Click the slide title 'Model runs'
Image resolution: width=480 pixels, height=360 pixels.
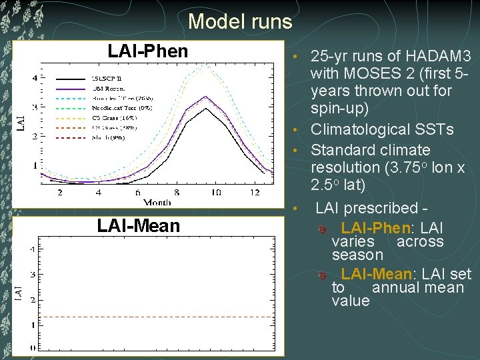(240, 22)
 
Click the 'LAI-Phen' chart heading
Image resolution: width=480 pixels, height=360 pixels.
(148, 51)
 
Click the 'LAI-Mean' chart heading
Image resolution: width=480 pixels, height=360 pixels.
(138, 225)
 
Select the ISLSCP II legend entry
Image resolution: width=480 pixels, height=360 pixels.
(107, 78)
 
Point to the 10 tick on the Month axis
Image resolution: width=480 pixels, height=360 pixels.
(215, 193)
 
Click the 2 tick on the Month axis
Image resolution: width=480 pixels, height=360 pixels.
(60, 193)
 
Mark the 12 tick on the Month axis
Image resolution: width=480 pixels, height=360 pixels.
(253, 193)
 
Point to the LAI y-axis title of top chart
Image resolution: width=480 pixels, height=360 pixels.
(21, 121)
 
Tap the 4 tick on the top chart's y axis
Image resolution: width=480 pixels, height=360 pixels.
(35, 78)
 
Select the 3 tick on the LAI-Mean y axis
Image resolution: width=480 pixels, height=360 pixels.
(33, 274)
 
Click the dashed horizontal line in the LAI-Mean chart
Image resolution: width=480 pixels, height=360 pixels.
(153, 317)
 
